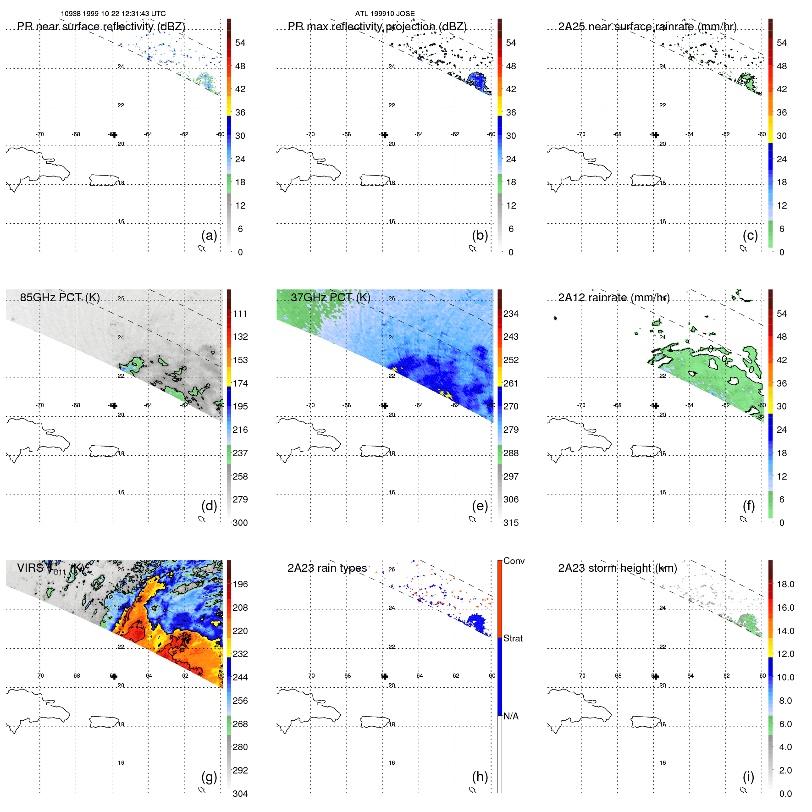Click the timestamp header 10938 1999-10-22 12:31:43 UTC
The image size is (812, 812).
click(x=113, y=14)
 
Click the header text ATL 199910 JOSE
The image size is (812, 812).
click(x=385, y=14)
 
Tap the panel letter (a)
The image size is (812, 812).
click(x=209, y=235)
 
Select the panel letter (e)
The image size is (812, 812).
click(x=480, y=506)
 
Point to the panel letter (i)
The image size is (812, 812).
click(x=748, y=777)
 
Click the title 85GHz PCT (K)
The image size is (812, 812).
click(x=60, y=297)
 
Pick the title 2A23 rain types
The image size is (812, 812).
click(x=327, y=568)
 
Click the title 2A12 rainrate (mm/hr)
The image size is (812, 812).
click(x=613, y=298)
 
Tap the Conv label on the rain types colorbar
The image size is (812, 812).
click(x=514, y=561)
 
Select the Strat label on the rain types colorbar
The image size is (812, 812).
click(x=513, y=638)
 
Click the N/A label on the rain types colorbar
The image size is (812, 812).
click(x=511, y=716)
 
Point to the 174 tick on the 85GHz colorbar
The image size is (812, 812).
click(x=240, y=383)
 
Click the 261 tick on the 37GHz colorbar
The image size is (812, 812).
click(x=511, y=383)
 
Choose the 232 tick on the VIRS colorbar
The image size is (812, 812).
click(x=240, y=654)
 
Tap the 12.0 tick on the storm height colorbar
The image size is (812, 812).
click(x=785, y=654)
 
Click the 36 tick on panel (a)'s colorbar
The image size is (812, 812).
click(x=240, y=112)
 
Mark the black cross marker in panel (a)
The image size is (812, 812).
click(x=114, y=135)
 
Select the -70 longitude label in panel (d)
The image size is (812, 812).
click(x=40, y=405)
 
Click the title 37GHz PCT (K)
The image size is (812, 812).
click(x=330, y=297)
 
